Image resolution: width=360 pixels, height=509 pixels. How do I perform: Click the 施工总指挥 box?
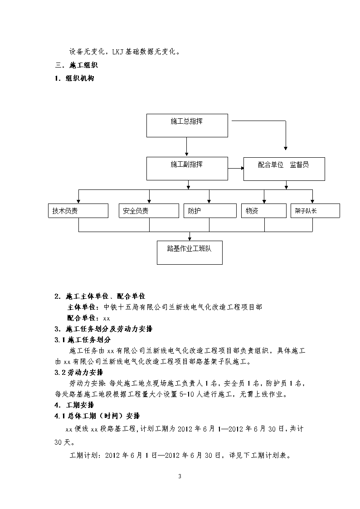pos(187,125)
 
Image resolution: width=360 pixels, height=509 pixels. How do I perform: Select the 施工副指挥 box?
pos(187,169)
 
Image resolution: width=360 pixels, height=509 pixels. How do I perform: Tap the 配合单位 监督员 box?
pos(284,169)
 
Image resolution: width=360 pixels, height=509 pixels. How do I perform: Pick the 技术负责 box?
pos(78,211)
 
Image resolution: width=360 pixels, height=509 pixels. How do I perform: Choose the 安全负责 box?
pos(149,211)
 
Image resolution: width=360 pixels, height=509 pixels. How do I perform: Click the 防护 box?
pos(210,211)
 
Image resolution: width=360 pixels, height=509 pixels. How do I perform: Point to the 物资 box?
pos(264,211)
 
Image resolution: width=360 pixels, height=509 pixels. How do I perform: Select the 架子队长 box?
pos(315,211)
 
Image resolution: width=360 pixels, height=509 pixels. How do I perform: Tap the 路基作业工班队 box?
pos(190,252)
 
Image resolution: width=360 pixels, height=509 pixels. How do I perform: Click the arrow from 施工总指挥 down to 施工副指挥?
pos(187,147)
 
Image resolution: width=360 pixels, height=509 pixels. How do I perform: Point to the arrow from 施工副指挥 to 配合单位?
pos(236,168)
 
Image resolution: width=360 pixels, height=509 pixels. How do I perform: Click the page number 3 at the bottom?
pos(180,476)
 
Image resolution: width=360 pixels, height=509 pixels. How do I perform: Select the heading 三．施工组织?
pos(77,65)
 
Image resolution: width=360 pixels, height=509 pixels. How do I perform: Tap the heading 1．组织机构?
pos(75,78)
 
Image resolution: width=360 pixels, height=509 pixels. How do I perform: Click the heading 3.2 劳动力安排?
pos(79,372)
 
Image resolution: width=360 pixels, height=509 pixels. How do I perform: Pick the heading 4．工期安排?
pos(74,405)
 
